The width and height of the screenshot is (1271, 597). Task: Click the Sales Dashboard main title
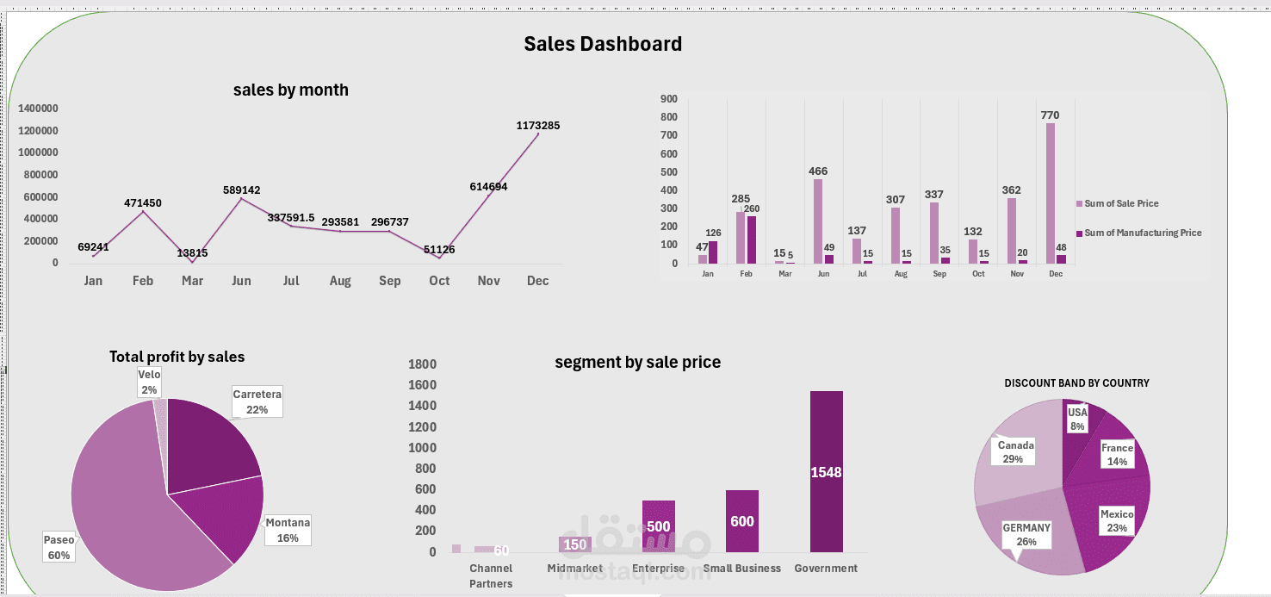(603, 44)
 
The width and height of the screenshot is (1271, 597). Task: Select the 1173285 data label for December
(538, 126)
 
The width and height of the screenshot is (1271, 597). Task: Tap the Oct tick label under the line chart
(439, 281)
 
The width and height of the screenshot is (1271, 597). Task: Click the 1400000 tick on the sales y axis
(38, 109)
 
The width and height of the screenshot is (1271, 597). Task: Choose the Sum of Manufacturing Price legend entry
(1142, 233)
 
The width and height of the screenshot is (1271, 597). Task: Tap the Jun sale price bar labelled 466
(817, 221)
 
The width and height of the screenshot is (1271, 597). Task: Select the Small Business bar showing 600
(741, 521)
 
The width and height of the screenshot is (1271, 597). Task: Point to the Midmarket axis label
(574, 569)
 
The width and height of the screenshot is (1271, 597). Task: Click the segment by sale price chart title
(637, 363)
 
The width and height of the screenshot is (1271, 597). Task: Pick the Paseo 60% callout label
(59, 547)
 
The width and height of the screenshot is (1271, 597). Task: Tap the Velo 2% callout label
(149, 382)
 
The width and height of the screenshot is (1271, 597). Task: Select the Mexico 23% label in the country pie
(1117, 520)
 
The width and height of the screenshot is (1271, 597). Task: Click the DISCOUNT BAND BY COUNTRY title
(1076, 383)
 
